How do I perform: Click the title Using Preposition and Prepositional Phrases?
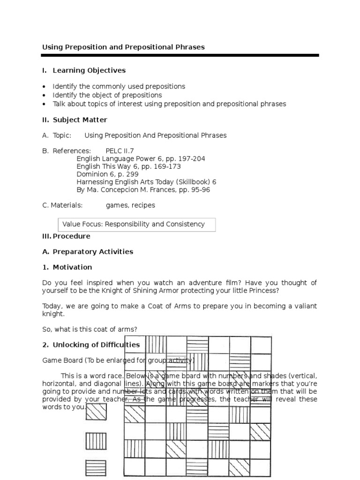pyautogui.click(x=123, y=47)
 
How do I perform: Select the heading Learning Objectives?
pyautogui.click(x=89, y=70)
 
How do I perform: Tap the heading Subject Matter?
pyautogui.click(x=80, y=120)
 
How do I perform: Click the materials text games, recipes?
pyautogui.click(x=130, y=205)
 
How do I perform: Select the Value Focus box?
pyautogui.click(x=136, y=225)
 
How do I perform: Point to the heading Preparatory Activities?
pyautogui.click(x=93, y=252)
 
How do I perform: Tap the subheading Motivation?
pyautogui.click(x=72, y=267)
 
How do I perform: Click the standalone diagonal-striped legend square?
pyautogui.click(x=96, y=412)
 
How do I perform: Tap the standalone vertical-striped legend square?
pyautogui.click(x=96, y=441)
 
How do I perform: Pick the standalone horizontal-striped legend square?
pyautogui.click(x=96, y=468)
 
